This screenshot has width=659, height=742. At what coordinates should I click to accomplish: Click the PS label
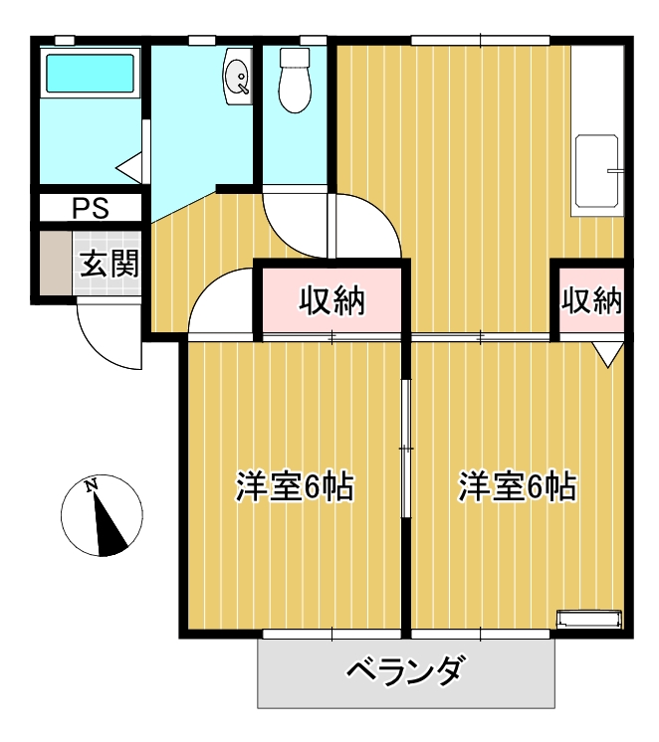[91, 209]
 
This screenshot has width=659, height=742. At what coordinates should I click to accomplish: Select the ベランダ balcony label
[405, 673]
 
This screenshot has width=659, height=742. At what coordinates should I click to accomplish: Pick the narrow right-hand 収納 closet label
[591, 299]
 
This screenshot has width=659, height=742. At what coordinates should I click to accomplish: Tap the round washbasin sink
[238, 77]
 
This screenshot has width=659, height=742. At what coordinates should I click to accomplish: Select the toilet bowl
[295, 83]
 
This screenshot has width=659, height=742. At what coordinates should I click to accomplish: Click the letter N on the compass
[92, 485]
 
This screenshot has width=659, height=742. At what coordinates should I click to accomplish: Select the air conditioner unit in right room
[588, 619]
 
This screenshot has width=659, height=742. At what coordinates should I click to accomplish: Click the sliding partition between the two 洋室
[405, 448]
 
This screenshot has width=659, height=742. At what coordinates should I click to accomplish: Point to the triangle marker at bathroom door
[131, 167]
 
